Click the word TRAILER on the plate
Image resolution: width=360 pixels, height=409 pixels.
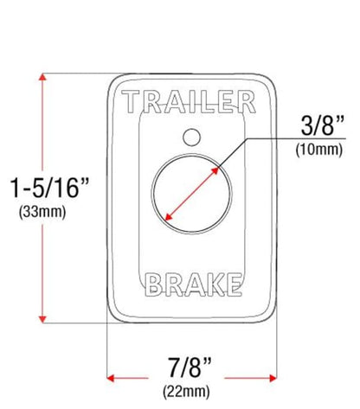189,102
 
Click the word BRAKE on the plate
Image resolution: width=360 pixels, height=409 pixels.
193,284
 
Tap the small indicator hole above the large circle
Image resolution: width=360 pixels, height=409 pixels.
192,137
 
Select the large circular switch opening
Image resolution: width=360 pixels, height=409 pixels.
191,194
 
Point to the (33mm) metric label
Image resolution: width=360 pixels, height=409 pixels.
42,212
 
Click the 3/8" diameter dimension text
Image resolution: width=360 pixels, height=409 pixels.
323,125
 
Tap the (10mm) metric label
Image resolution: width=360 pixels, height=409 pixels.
319,150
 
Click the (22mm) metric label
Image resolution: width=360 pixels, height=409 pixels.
186,392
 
